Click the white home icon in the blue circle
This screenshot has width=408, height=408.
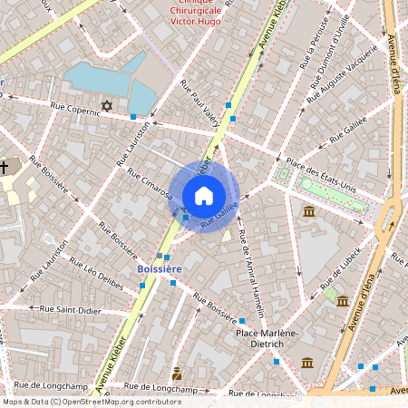click(204, 196)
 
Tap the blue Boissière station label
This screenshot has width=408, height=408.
click(160, 269)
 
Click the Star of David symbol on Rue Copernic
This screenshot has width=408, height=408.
click(107, 106)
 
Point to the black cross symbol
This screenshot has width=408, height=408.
click(5, 167)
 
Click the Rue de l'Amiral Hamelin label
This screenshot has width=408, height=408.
click(252, 268)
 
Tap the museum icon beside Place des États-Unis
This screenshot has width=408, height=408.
click(309, 211)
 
